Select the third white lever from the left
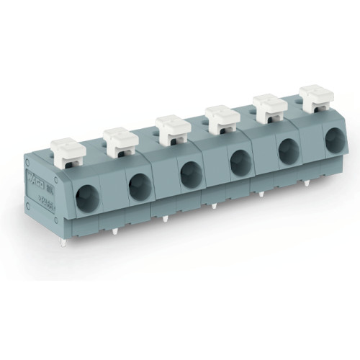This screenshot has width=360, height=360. coord(173,127)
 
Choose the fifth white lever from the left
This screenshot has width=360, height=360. coord(270,106)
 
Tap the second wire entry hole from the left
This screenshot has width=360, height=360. coord(138,185)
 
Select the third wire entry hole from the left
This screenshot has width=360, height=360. coord(189,172)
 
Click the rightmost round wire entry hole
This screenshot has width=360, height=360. coord(335,139)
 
